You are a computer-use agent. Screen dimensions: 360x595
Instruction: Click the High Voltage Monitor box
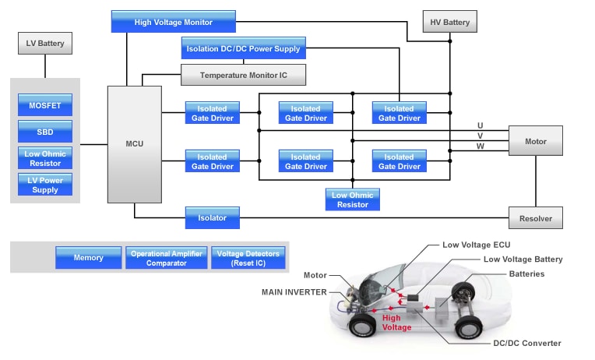coord(173,22)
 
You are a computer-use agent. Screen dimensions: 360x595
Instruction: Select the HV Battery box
coord(450,22)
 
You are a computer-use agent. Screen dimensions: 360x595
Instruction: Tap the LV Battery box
coord(45,44)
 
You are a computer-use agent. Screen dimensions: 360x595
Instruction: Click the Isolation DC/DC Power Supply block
coord(243,48)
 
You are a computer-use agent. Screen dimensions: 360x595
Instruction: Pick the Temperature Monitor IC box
coord(243,75)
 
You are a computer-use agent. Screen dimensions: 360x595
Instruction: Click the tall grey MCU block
coord(134,144)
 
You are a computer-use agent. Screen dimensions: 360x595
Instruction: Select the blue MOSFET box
coord(44,104)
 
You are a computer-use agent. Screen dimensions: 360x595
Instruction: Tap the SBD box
coord(44,131)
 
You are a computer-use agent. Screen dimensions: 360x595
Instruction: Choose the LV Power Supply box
coord(44,185)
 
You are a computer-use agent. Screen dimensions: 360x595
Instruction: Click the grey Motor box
coord(535,141)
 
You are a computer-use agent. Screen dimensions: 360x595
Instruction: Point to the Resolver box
coord(535,218)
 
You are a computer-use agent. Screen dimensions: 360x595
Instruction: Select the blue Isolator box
coord(212,218)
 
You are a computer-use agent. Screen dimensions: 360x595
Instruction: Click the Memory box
coord(88,258)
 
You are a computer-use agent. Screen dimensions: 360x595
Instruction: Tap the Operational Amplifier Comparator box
coord(166,258)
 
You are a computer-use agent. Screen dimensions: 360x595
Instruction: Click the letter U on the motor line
coord(480,125)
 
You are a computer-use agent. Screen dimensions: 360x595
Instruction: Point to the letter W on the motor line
coord(480,146)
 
